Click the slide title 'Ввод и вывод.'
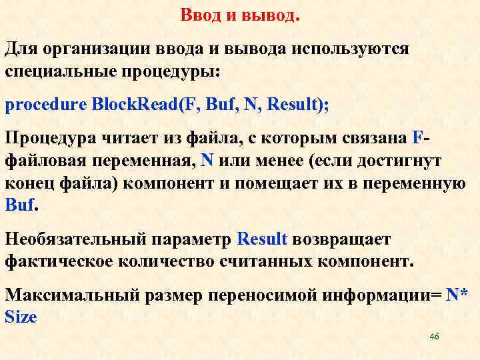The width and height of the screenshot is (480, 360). click(241, 15)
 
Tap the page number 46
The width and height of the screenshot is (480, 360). click(434, 337)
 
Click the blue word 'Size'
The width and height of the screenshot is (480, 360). click(21, 317)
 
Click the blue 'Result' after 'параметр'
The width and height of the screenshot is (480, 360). click(262, 239)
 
